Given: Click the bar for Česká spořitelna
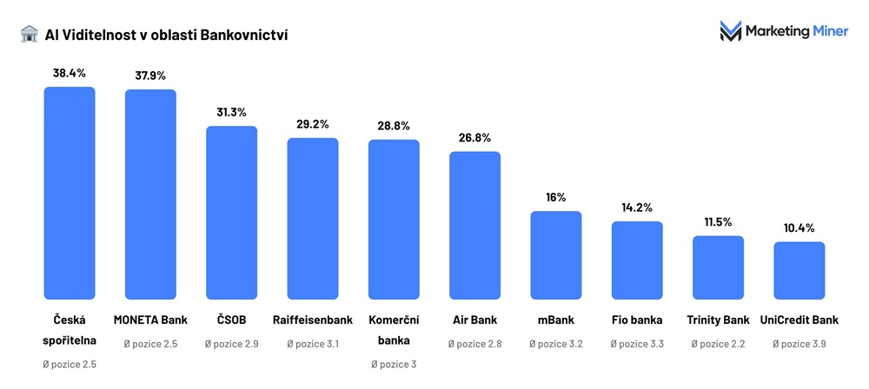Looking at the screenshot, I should click(x=70, y=193).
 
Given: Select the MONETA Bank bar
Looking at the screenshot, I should click(x=150, y=194).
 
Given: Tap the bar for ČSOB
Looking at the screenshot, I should click(x=231, y=213).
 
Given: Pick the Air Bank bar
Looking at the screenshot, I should click(x=474, y=226).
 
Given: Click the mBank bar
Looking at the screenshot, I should click(x=556, y=255).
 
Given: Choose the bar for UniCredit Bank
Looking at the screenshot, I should click(x=799, y=270).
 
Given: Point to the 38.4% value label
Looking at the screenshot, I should click(x=70, y=73).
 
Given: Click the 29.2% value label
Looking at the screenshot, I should click(x=313, y=124).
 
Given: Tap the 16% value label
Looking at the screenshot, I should click(x=556, y=197).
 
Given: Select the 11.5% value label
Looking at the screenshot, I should click(x=718, y=221).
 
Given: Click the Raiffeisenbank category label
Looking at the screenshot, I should click(x=312, y=320).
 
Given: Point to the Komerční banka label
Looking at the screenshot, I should click(x=394, y=330).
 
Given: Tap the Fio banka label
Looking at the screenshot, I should click(x=637, y=320).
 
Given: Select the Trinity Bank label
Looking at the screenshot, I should click(x=718, y=320).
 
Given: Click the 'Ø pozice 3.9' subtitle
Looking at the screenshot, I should click(x=799, y=344).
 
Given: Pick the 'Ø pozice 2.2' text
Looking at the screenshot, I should click(x=718, y=344).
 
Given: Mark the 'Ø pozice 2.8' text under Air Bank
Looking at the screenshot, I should click(x=474, y=344).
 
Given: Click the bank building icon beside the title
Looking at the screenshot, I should click(x=29, y=34).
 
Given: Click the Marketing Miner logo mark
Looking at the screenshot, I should click(x=730, y=32).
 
